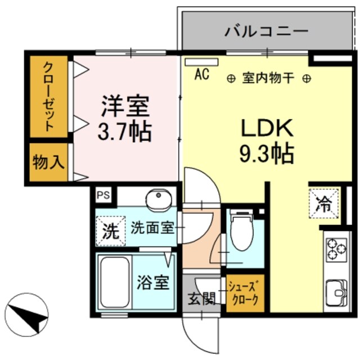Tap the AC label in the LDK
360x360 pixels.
(202, 73)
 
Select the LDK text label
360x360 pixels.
(267, 129)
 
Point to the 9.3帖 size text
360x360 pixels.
(267, 153)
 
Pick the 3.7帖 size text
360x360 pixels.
(125, 132)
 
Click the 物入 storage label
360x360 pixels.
(49, 163)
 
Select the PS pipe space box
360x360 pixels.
(103, 195)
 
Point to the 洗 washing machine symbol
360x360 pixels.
(110, 229)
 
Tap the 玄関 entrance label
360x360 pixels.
(201, 299)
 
